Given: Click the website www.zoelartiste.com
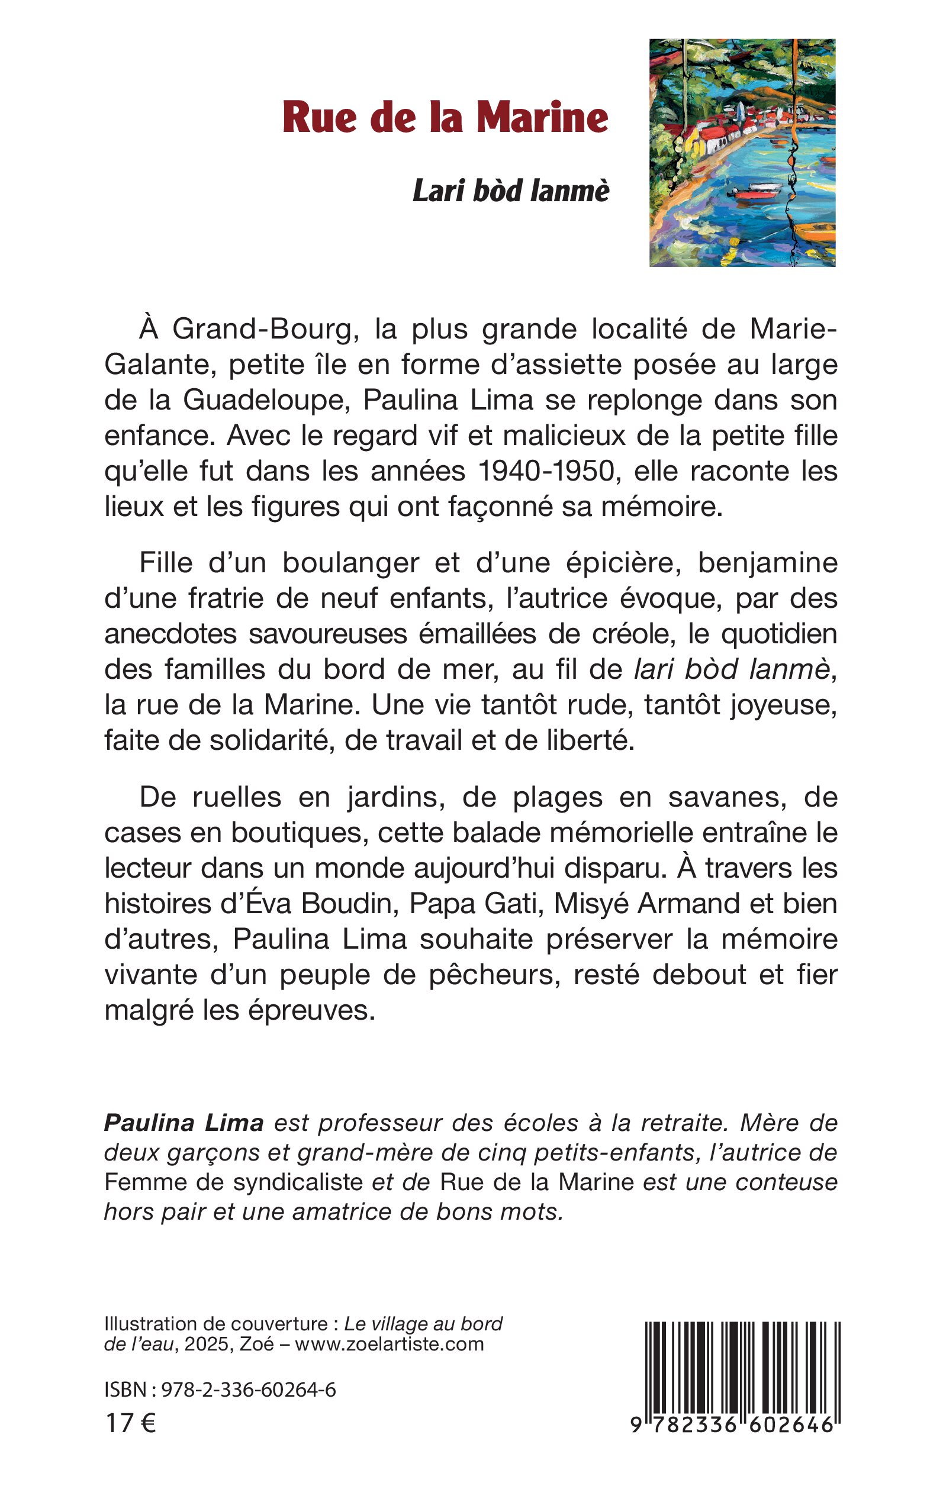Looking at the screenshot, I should [389, 1343].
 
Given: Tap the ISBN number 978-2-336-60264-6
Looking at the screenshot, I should [248, 1390].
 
